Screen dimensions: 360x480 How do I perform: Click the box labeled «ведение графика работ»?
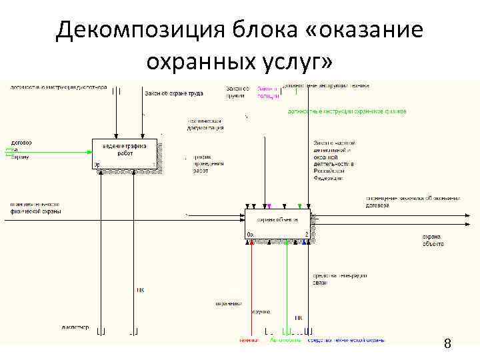pyautogui.click(x=126, y=153)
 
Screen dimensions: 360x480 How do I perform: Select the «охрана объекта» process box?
pyautogui.click(x=277, y=223)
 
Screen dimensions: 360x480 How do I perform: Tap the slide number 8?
pyautogui.click(x=447, y=344)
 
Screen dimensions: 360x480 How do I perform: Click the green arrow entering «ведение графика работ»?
pyautogui.click(x=53, y=151)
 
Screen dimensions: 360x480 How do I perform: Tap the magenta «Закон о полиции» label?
pyautogui.click(x=267, y=91)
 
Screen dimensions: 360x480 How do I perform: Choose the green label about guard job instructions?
pyautogui.click(x=347, y=111)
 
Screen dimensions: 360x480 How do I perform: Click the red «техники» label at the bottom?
pyautogui.click(x=249, y=340)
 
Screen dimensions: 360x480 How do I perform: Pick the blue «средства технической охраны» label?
pyautogui.click(x=345, y=340)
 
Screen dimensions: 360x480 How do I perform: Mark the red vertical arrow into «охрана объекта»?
pyautogui.click(x=251, y=287)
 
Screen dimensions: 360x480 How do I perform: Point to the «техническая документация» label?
pyautogui.click(x=205, y=124)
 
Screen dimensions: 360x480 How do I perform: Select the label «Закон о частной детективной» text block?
pyautogui.click(x=333, y=161)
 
